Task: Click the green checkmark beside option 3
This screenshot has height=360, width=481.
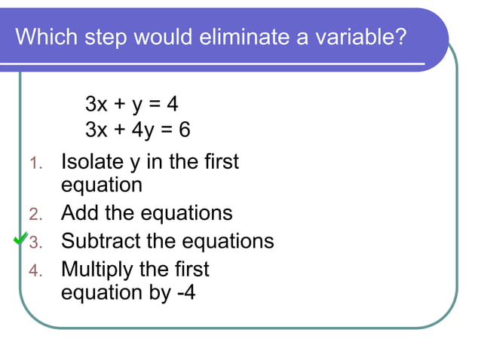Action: (x=22, y=239)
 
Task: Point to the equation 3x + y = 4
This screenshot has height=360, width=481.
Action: (x=131, y=103)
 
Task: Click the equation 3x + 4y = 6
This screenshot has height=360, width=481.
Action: (x=137, y=130)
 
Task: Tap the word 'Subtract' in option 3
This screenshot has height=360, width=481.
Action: (x=104, y=241)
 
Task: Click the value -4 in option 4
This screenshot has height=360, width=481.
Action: (x=185, y=293)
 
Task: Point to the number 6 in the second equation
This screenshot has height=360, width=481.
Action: (x=184, y=130)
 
